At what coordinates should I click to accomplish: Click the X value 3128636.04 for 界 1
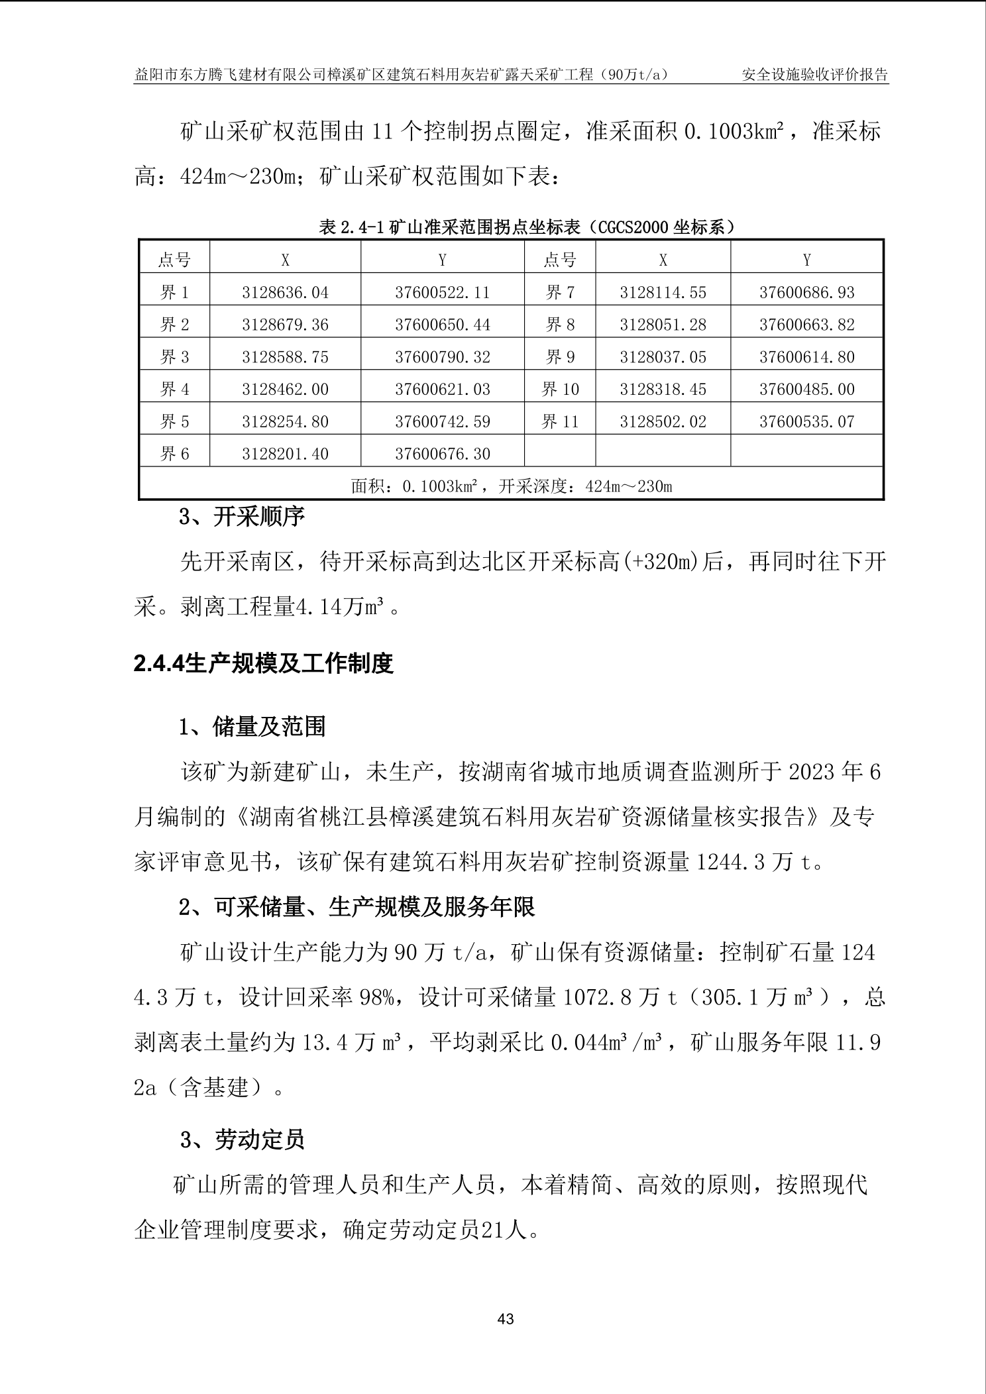(285, 292)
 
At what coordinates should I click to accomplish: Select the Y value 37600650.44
(443, 325)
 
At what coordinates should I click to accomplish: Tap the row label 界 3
(175, 357)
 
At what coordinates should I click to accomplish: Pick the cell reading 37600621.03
(443, 389)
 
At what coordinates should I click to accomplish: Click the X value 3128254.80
(285, 421)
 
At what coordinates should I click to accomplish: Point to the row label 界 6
(175, 454)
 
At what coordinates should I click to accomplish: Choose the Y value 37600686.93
(806, 292)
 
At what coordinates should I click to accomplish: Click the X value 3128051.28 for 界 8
(663, 325)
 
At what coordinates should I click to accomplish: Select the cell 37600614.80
(806, 357)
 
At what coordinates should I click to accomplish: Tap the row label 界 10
(560, 389)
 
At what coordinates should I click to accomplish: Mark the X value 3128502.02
(663, 421)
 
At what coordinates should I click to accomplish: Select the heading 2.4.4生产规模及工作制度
(264, 663)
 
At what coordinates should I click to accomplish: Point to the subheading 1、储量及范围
(252, 727)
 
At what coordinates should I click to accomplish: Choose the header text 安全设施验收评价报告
(814, 74)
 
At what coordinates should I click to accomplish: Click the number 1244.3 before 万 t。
(731, 862)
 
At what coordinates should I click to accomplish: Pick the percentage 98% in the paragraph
(380, 997)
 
